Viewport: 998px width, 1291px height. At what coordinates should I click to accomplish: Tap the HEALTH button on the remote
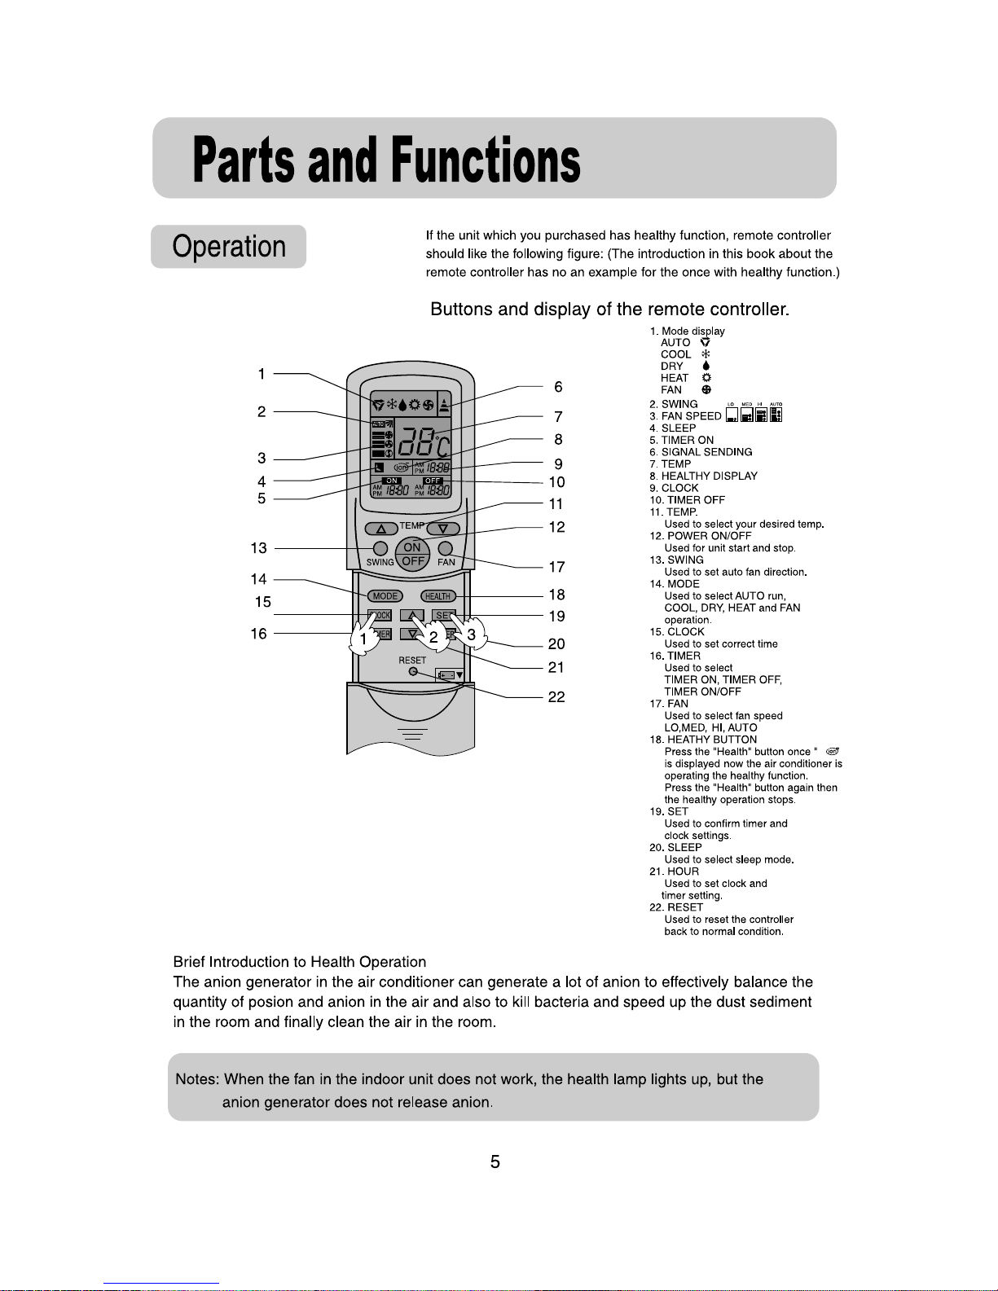[x=437, y=596]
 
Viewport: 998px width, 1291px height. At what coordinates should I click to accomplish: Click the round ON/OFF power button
[x=412, y=554]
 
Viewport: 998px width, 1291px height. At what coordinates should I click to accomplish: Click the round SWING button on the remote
[x=380, y=548]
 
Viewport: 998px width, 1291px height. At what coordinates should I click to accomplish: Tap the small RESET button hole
[x=413, y=671]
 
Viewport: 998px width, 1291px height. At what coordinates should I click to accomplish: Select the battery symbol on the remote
[x=449, y=674]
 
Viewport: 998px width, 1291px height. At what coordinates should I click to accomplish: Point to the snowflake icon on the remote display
[x=391, y=404]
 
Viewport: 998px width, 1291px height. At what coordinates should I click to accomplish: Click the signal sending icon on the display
[x=444, y=403]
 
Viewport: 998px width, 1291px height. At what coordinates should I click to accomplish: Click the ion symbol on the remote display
[x=401, y=468]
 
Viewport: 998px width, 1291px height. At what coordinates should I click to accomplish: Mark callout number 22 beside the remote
[x=556, y=697]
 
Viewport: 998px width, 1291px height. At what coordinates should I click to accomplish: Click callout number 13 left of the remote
[x=259, y=548]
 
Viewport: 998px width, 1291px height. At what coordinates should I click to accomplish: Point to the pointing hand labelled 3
[x=472, y=633]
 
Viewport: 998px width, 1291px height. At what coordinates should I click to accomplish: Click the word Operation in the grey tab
[x=229, y=247]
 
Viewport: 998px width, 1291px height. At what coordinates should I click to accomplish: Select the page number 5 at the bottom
[x=495, y=1162]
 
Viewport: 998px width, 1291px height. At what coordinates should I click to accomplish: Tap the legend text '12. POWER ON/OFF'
[x=701, y=536]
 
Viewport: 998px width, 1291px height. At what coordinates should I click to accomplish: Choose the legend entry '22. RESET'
[x=676, y=907]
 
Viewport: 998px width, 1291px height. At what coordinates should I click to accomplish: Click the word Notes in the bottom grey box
[x=196, y=1079]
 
